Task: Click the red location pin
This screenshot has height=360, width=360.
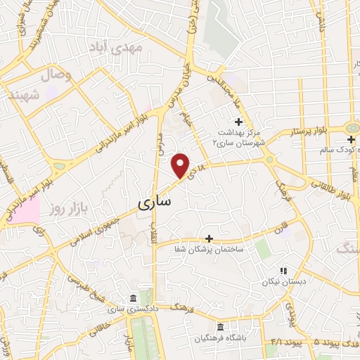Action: point(181,165)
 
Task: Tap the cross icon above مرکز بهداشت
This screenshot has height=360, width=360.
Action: point(238,103)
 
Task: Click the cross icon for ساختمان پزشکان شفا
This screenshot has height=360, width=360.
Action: point(208,239)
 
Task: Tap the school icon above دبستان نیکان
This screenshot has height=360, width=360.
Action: point(283,270)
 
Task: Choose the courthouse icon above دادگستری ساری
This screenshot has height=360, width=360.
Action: point(134,297)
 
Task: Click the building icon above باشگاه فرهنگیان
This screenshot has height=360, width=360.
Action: point(220,328)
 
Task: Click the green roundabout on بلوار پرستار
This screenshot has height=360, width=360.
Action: point(351,128)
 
